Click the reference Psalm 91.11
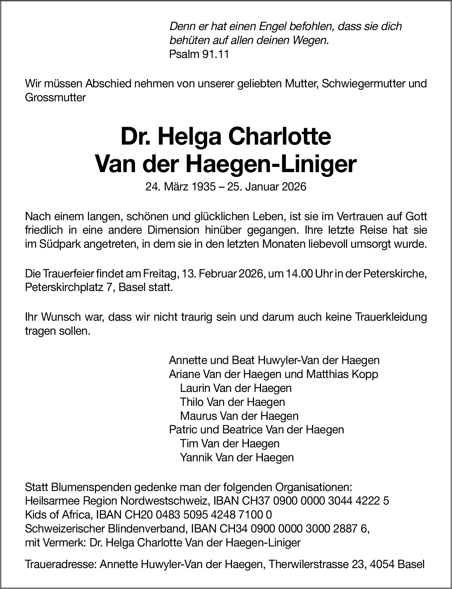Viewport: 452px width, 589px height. pos(199,54)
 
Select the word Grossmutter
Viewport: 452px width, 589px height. pos(55,98)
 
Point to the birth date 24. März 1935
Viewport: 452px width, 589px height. pos(180,187)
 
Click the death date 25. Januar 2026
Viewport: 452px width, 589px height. pos(267,187)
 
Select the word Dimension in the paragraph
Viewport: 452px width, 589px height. pos(173,230)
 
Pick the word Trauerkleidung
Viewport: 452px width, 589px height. pos(392,317)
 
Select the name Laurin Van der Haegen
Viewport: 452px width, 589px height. pos(236,388)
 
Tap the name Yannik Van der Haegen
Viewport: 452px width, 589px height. pos(237,457)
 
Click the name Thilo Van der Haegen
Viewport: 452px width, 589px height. pos(232,402)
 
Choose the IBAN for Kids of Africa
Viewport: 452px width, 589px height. pos(184,515)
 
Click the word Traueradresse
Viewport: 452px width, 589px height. pos(60,565)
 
